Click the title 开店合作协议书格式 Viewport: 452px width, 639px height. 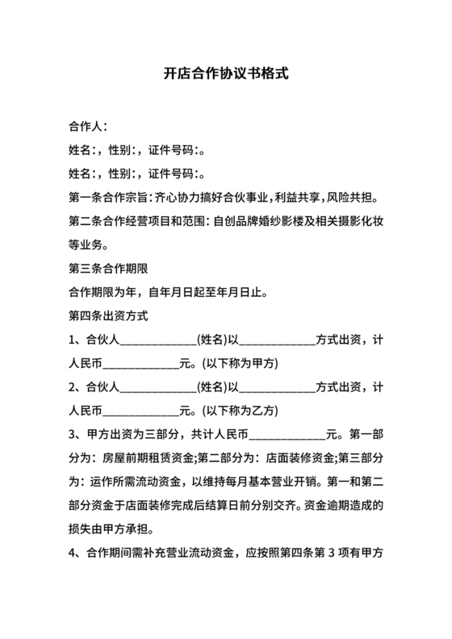pos(226,73)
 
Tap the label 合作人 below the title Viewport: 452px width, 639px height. pos(85,127)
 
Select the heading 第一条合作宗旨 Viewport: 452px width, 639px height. pos(110,197)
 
